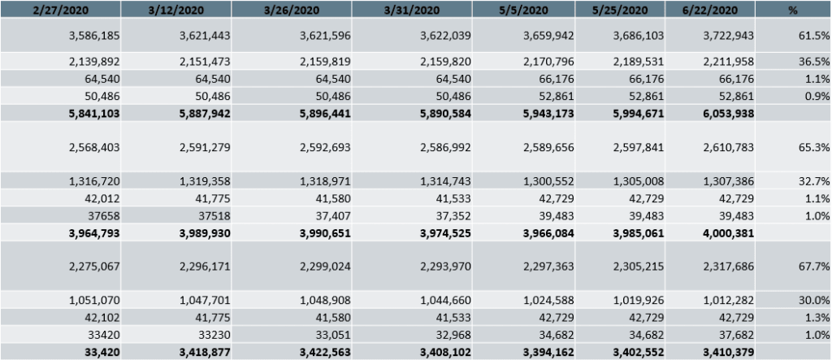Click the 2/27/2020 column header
click(60, 9)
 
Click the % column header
click(793, 9)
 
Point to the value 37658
click(102, 215)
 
